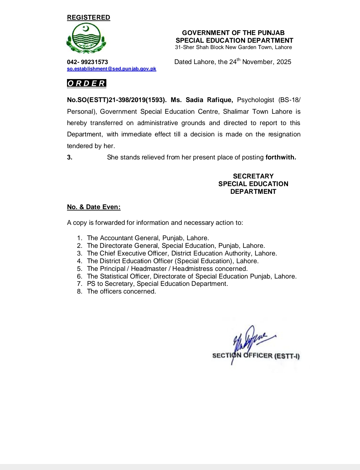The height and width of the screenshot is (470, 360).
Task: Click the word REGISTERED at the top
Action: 88,18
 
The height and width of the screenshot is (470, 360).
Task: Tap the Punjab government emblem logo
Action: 86,39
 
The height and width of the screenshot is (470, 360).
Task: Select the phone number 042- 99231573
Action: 87,62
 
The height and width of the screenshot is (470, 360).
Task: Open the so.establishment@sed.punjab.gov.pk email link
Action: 111,69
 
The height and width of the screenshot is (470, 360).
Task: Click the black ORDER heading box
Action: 86,83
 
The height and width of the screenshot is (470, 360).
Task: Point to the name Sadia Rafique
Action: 209,100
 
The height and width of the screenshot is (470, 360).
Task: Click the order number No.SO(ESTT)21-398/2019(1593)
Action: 116,100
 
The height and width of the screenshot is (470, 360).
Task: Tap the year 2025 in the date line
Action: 284,62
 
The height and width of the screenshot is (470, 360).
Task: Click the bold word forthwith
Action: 280,157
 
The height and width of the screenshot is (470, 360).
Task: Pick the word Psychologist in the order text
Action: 256,100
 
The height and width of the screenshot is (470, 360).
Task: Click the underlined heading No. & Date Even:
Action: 94,207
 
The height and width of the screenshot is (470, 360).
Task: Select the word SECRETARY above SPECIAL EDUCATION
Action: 253,176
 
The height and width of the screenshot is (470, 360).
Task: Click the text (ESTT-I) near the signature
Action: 287,356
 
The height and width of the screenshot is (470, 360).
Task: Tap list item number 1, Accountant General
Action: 148,238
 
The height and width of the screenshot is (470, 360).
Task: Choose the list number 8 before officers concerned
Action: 80,292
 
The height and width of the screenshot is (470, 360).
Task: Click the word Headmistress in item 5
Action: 192,269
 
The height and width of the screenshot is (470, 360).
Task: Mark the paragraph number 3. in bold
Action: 70,157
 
